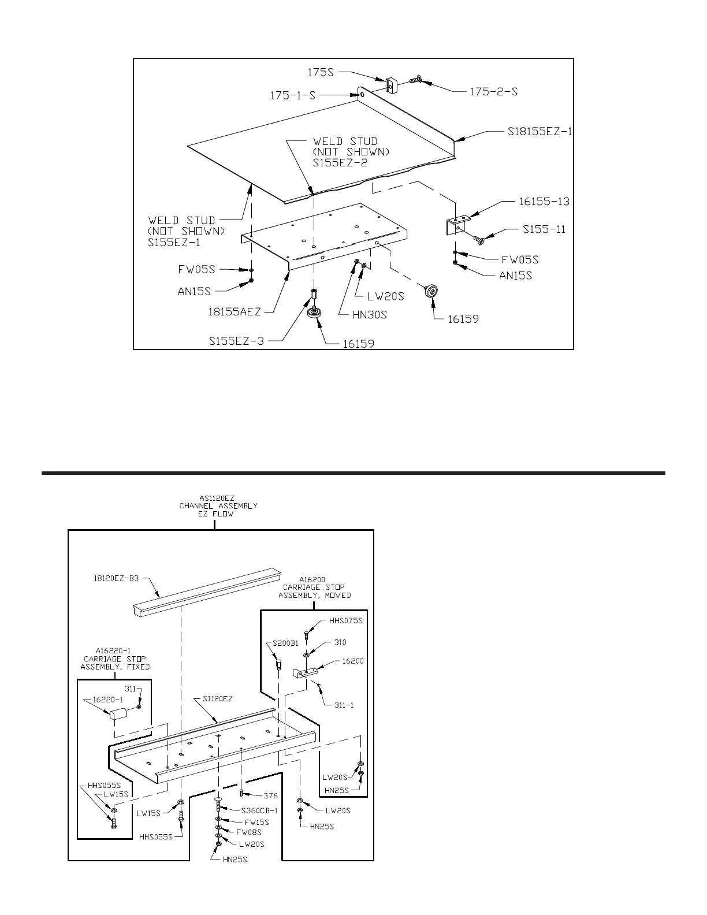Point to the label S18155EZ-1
tap(540, 132)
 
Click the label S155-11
tap(544, 229)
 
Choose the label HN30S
tap(370, 315)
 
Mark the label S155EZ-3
tap(236, 341)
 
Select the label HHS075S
tap(345, 621)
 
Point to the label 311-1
tap(345, 705)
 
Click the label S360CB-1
tap(259, 811)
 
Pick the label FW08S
tap(249, 832)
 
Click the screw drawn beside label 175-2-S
tap(416, 81)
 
